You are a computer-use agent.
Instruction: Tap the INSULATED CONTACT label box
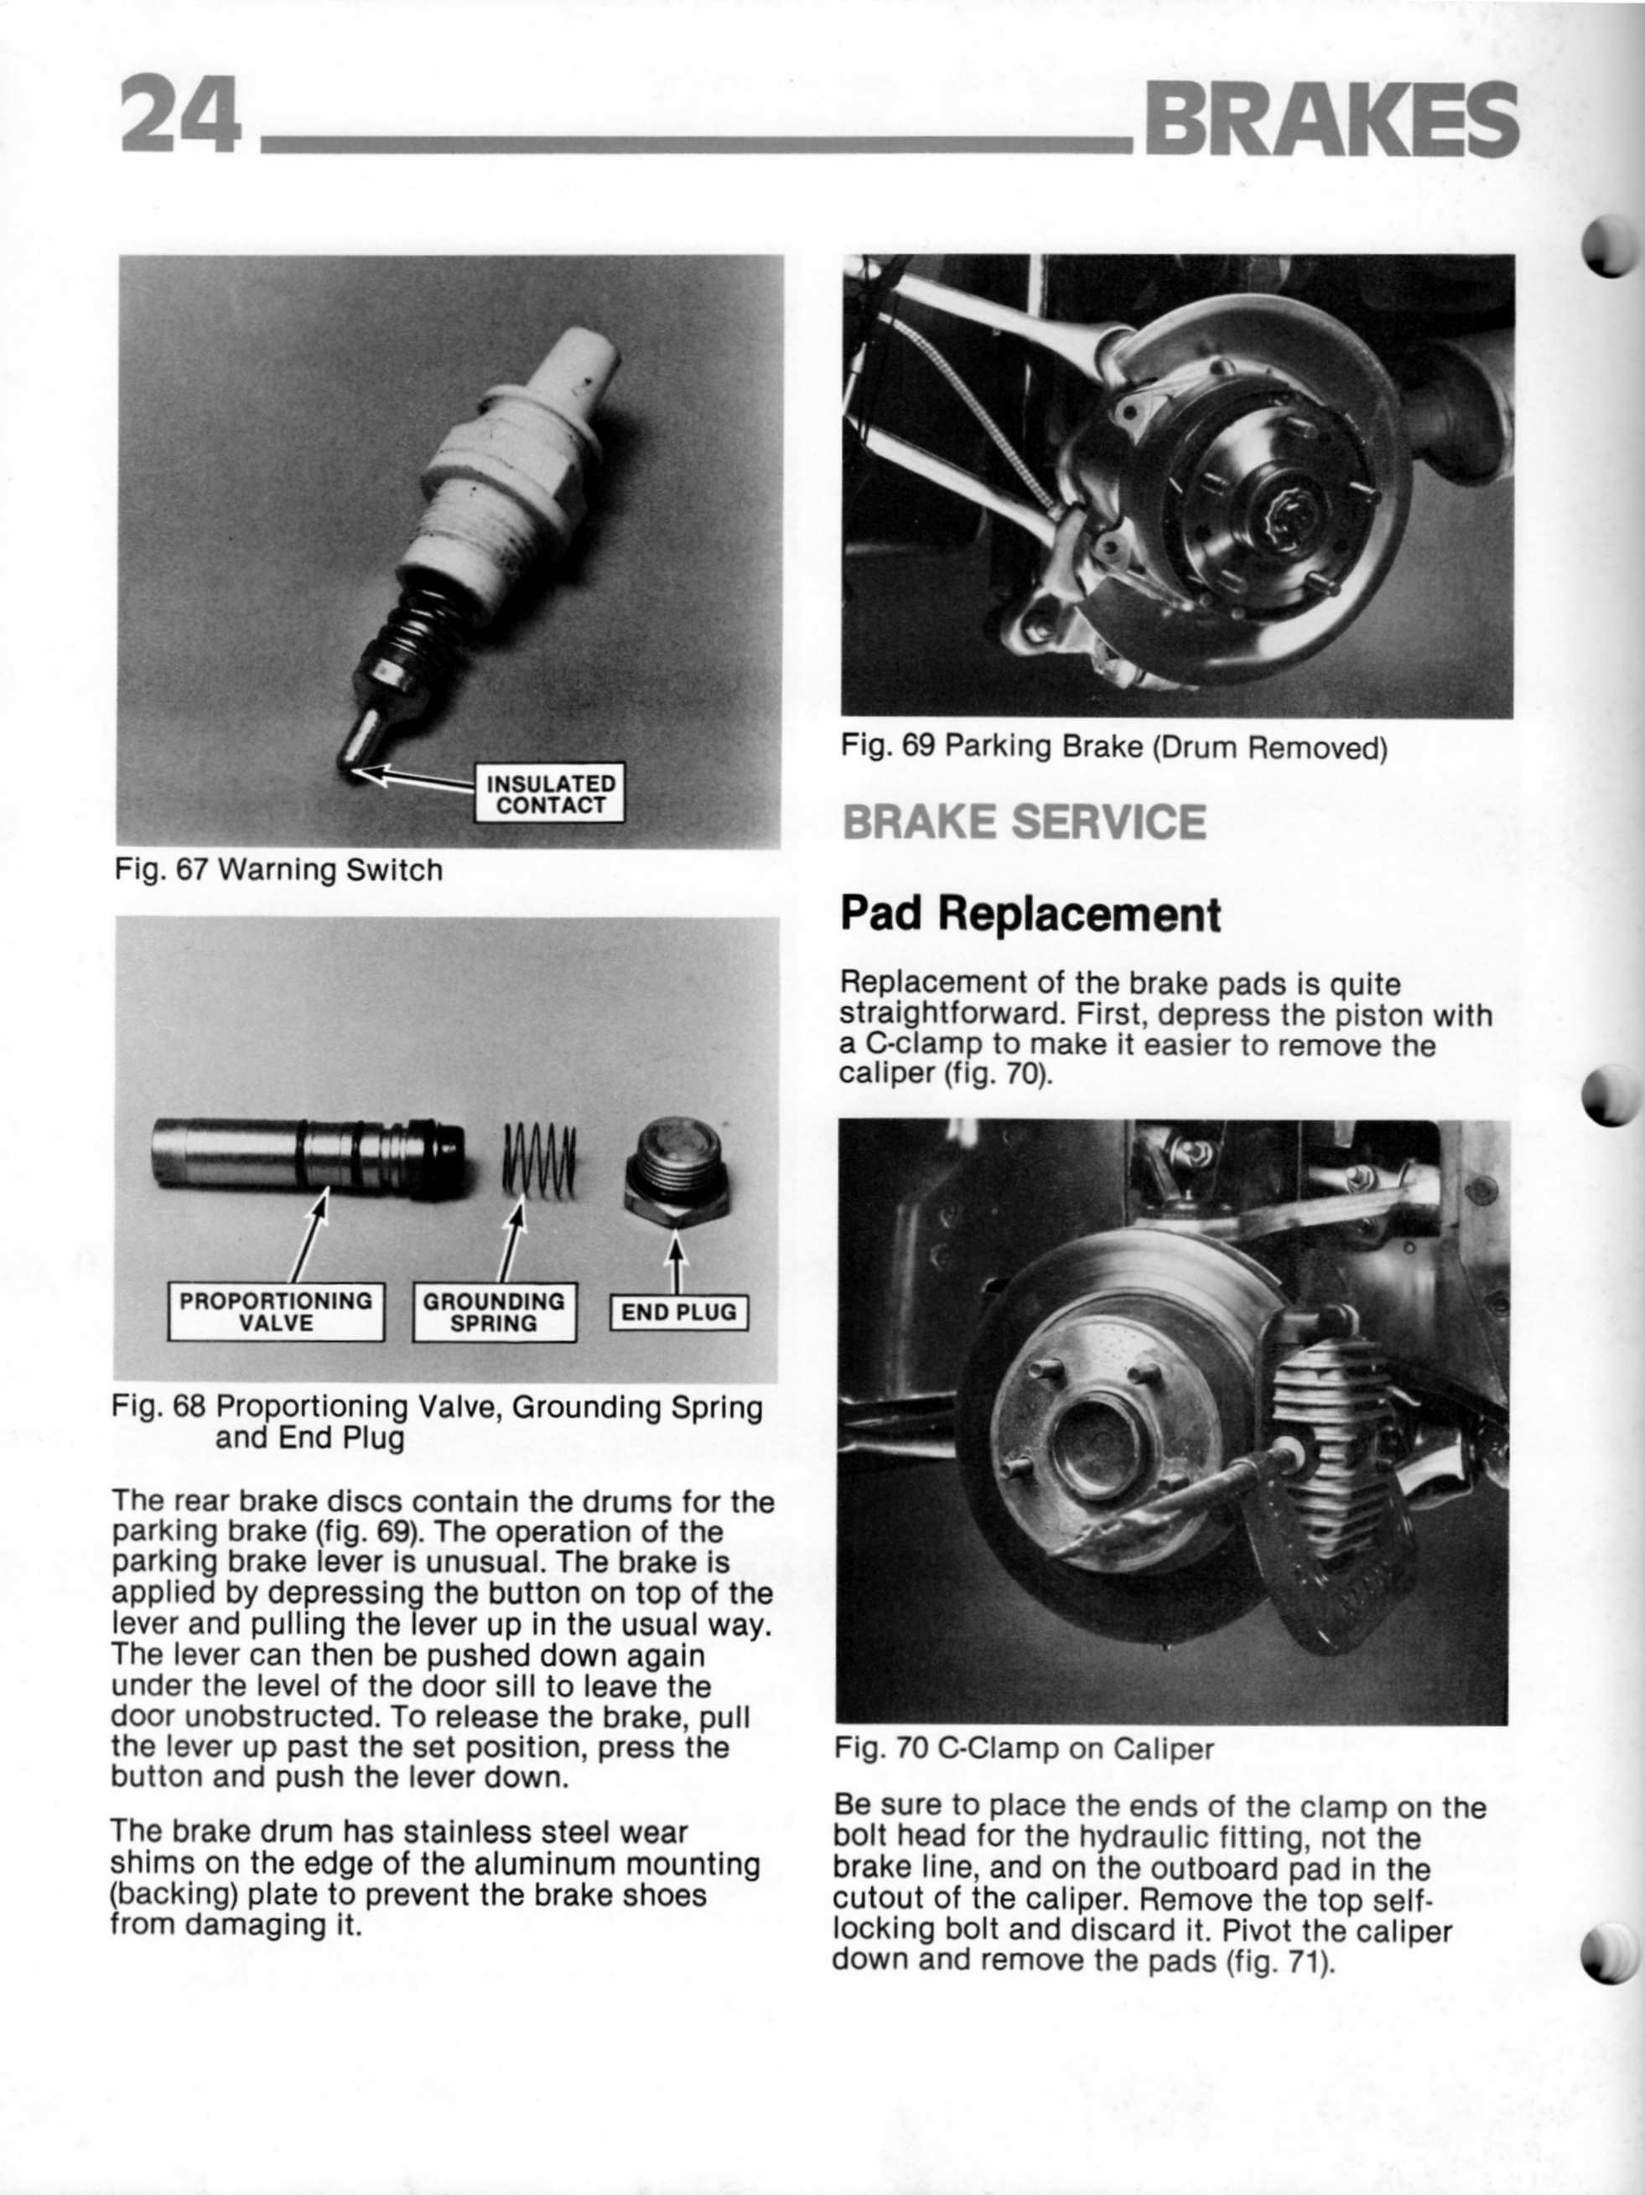[x=549, y=793]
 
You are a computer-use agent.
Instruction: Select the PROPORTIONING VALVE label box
[x=276, y=1312]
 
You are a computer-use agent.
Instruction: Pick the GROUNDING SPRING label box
[x=493, y=1312]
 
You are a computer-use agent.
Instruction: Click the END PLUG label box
[x=678, y=1312]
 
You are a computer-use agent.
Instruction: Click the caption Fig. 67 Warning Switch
[x=279, y=870]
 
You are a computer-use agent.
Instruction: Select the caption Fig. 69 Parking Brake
[x=1113, y=746]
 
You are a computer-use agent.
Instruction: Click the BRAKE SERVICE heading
[x=1024, y=821]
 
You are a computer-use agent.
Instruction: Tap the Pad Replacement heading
[x=1030, y=913]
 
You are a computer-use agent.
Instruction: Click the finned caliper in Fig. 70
[x=1331, y=1439]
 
